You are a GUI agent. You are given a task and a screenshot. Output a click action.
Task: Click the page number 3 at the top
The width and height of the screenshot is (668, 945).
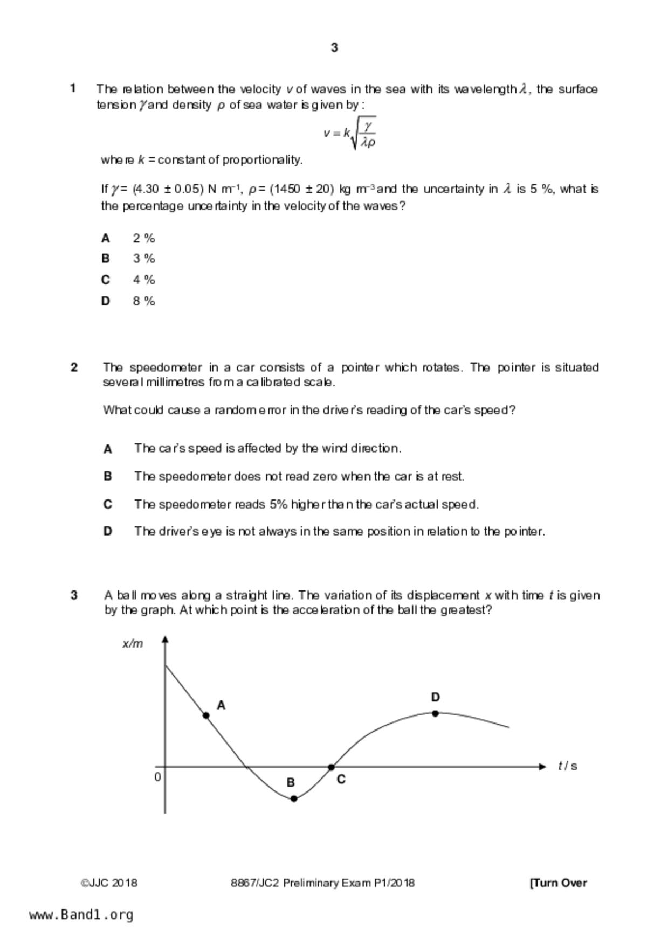[x=334, y=47]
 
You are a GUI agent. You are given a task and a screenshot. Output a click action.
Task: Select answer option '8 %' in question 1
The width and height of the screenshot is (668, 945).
[x=144, y=301]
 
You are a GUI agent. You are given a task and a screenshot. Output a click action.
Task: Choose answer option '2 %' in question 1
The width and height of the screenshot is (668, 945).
[x=144, y=238]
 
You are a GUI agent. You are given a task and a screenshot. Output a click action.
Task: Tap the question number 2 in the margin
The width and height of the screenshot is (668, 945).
[x=74, y=367]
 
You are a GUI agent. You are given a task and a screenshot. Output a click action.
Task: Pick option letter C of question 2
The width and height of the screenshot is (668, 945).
[x=108, y=504]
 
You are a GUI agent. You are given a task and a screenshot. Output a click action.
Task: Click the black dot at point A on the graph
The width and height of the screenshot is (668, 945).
[x=206, y=715]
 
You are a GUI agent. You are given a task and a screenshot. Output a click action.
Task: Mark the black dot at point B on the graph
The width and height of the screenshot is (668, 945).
[x=294, y=798]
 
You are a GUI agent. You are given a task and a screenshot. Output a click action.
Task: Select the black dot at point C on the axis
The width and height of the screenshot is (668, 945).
[x=331, y=767]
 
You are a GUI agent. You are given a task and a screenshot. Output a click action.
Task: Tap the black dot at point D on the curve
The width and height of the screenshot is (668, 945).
[x=436, y=713]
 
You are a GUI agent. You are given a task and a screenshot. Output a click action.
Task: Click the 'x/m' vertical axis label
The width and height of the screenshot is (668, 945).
[x=133, y=644]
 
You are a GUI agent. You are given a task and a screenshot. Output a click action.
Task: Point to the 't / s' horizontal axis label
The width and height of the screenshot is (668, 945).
[x=567, y=766]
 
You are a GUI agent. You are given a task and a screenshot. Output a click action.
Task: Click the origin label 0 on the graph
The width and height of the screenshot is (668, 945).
[x=157, y=777]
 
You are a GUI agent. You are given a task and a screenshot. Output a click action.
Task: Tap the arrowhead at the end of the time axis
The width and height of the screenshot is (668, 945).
[x=542, y=767]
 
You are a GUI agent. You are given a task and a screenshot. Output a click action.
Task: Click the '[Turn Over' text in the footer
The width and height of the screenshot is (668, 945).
[x=558, y=883]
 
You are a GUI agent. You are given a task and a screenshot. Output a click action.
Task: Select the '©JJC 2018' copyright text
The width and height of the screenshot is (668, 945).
[x=109, y=883]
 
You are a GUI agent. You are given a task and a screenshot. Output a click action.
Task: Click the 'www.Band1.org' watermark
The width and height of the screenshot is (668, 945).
[x=81, y=915]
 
